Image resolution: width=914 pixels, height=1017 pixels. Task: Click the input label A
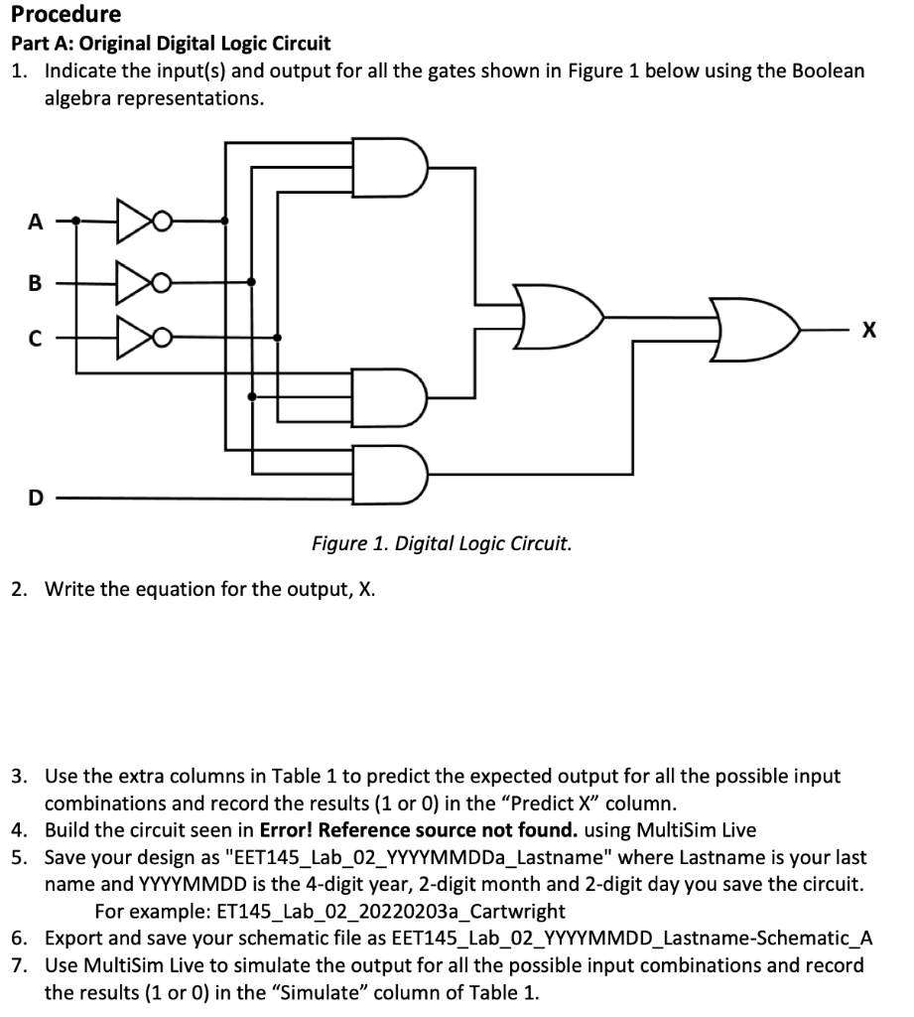click(x=35, y=223)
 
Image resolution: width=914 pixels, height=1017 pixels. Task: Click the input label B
click(x=35, y=282)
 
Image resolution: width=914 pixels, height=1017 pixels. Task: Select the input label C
click(x=35, y=339)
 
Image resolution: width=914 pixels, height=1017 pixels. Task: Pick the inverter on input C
click(x=136, y=338)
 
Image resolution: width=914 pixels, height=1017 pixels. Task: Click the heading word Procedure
click(x=66, y=14)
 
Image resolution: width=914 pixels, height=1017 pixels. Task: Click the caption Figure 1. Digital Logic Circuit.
click(x=442, y=544)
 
